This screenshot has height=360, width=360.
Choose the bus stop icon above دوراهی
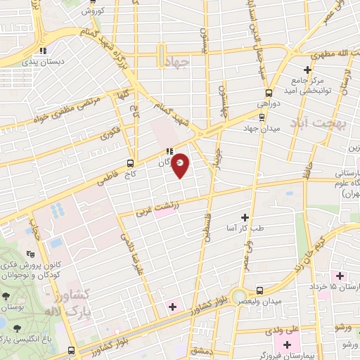pyautogui.click(x=268, y=93)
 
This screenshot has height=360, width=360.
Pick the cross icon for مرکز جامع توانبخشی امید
pyautogui.click(x=307, y=70)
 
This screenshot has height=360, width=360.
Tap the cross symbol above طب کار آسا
pyautogui.click(x=245, y=217)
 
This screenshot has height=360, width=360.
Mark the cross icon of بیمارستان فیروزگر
pyautogui.click(x=287, y=344)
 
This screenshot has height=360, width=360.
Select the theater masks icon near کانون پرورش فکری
pyautogui.click(x=30, y=253)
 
